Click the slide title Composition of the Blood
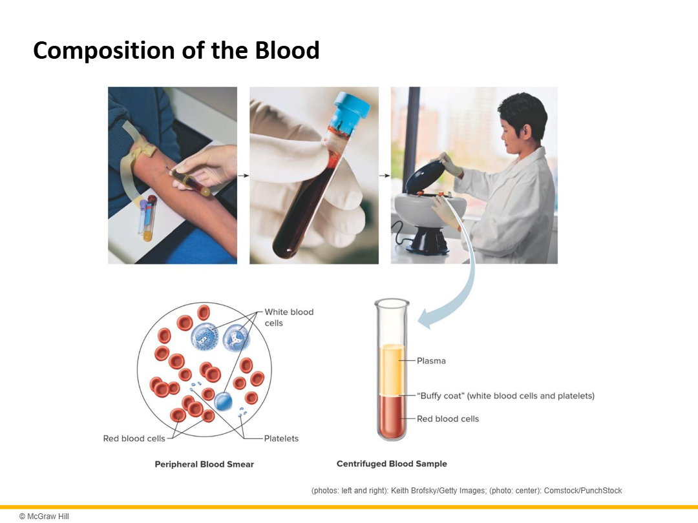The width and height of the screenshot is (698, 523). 176,50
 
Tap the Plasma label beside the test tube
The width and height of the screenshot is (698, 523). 431,361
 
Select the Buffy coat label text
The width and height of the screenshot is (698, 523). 505,396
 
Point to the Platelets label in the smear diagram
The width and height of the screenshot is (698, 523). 281,438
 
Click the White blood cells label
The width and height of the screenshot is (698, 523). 289,318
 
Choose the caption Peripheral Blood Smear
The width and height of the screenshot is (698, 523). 204,464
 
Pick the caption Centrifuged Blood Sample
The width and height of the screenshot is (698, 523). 392,464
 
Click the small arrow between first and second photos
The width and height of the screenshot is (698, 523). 244,176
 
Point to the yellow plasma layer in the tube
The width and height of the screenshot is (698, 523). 392,369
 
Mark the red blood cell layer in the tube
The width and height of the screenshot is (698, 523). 392,416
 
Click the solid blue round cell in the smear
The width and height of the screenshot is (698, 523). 223,402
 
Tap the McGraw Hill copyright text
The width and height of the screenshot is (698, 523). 44,517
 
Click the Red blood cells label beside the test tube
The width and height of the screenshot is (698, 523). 448,419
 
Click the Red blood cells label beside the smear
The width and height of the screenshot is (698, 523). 134,438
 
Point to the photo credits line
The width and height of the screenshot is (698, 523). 467,491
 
